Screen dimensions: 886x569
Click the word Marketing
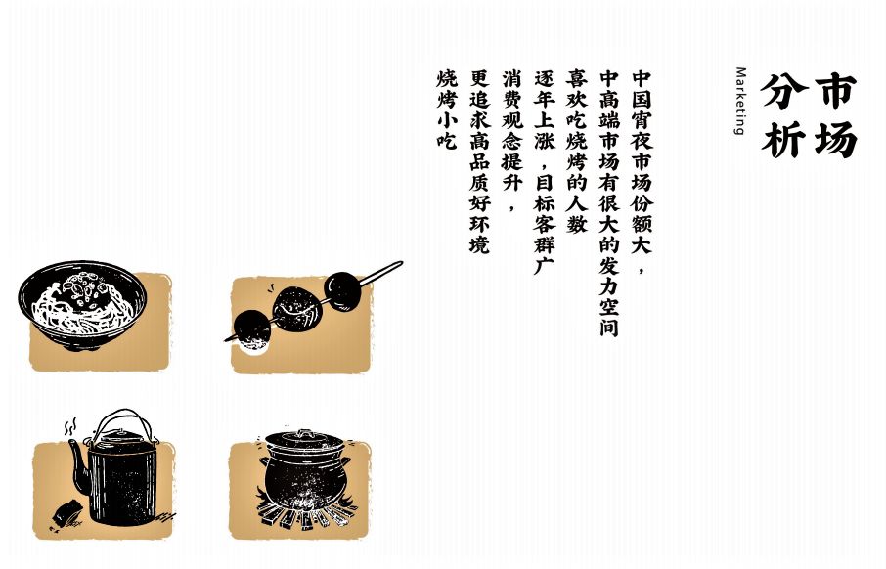point(741,101)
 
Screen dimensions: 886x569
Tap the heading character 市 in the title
point(835,91)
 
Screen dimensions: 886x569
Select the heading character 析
point(782,140)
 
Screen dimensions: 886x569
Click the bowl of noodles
point(82,304)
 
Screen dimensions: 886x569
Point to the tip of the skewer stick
point(401,263)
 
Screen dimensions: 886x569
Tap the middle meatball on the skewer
point(296,308)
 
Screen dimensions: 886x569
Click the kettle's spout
point(78,463)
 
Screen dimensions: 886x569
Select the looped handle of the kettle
point(123,421)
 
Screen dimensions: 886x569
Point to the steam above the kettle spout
point(70,426)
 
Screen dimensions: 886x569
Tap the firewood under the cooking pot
point(305,511)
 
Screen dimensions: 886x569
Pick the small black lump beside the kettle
point(67,512)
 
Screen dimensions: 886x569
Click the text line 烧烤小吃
point(446,109)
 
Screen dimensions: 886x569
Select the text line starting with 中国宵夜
point(642,171)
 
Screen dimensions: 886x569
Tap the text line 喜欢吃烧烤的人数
point(577,152)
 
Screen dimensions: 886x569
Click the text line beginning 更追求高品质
point(479,161)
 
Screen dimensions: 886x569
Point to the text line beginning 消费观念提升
point(511,140)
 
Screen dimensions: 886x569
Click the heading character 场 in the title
point(835,140)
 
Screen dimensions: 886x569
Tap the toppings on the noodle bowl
point(85,287)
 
